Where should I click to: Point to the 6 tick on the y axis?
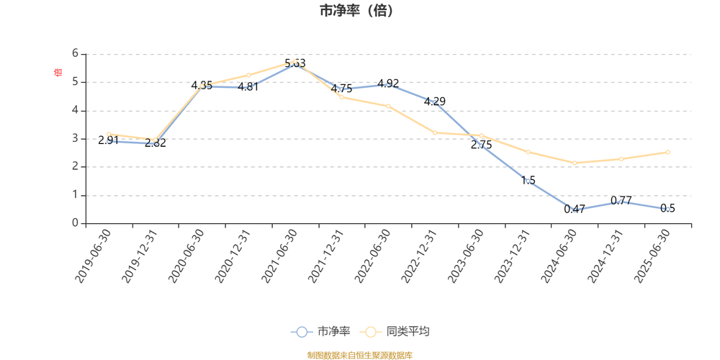75,54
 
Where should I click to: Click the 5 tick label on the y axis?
75,82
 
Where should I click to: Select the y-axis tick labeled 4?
75,110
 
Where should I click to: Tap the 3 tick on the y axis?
75,138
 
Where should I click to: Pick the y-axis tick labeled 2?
75,166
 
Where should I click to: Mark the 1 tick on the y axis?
75,195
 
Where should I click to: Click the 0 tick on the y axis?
75,223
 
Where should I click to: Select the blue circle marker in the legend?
302,332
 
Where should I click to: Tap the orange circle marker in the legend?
371,332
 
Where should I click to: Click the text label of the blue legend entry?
333,332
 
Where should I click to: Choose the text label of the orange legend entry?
408,332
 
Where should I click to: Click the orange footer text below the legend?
360,354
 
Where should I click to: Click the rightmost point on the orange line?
669,152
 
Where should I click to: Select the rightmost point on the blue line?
669,210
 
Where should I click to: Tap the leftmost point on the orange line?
108,133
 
